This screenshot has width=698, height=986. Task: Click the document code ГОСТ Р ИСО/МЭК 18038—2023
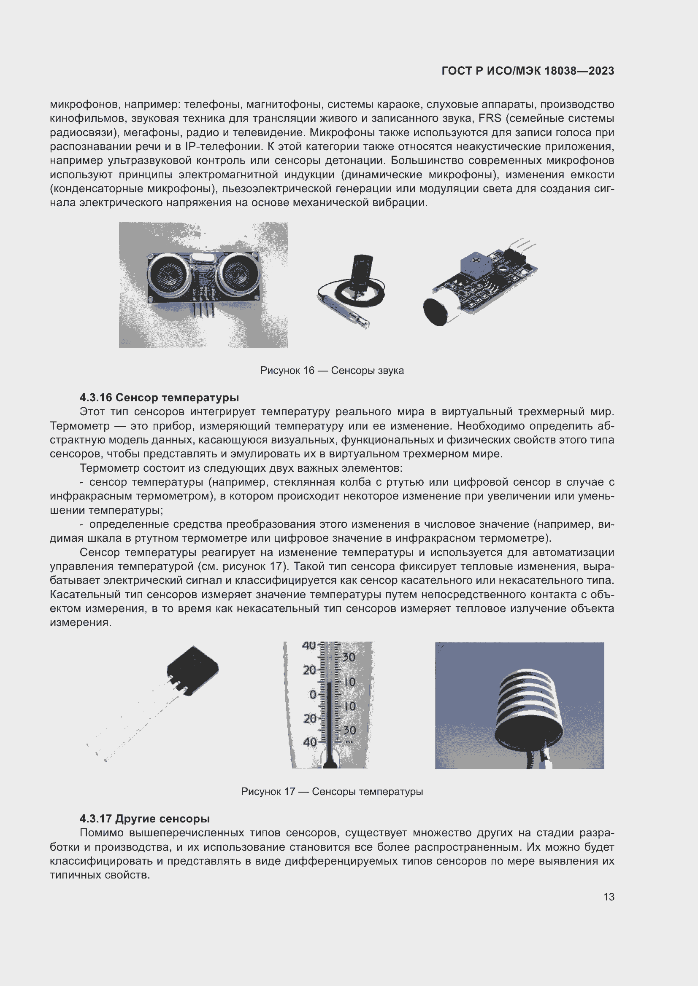[528, 71]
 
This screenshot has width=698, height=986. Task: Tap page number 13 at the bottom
[609, 897]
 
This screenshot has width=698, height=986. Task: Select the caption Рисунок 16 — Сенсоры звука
[331, 370]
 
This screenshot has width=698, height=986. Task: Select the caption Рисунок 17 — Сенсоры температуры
[331, 792]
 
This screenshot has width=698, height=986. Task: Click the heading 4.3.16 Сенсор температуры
[159, 397]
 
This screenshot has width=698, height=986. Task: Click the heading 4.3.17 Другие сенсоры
[144, 819]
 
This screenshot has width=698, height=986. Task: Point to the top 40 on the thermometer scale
[308, 645]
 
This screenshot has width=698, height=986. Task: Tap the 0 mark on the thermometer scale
[312, 694]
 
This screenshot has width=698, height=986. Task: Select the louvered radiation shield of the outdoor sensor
[529, 705]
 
